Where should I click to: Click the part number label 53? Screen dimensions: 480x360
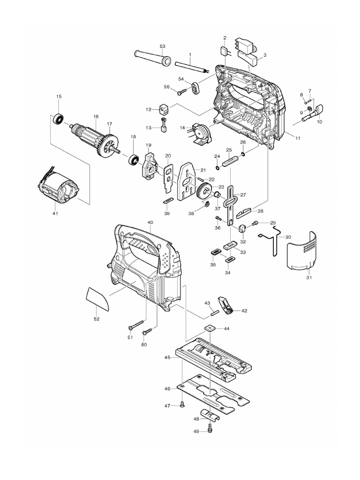pos(163,46)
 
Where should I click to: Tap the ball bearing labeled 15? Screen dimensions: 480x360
pos(59,119)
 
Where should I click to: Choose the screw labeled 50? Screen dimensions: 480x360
pos(147,332)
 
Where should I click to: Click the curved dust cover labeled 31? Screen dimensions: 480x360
pos(304,250)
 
